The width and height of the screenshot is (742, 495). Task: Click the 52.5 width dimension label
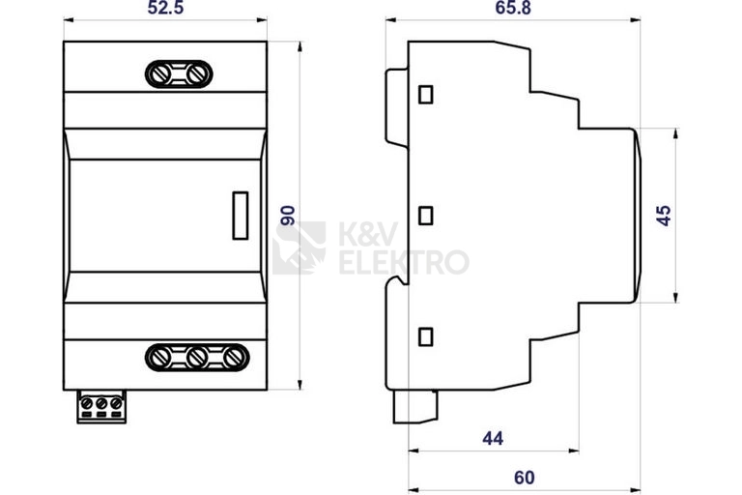pyautogui.click(x=165, y=8)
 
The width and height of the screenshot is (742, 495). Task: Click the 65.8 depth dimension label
pyautogui.click(x=513, y=8)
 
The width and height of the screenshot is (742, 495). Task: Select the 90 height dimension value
pyautogui.click(x=288, y=216)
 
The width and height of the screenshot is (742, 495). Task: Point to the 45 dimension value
pyautogui.click(x=665, y=216)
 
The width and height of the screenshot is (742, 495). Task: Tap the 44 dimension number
pyautogui.click(x=493, y=439)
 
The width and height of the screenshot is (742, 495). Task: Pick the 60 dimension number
pyautogui.click(x=525, y=478)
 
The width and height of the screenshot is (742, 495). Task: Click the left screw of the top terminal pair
pyautogui.click(x=160, y=73)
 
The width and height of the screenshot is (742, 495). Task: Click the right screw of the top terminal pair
pyautogui.click(x=197, y=73)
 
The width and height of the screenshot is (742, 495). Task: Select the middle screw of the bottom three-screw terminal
pyautogui.click(x=196, y=358)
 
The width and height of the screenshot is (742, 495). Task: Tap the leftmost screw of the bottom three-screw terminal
pyautogui.click(x=159, y=358)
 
